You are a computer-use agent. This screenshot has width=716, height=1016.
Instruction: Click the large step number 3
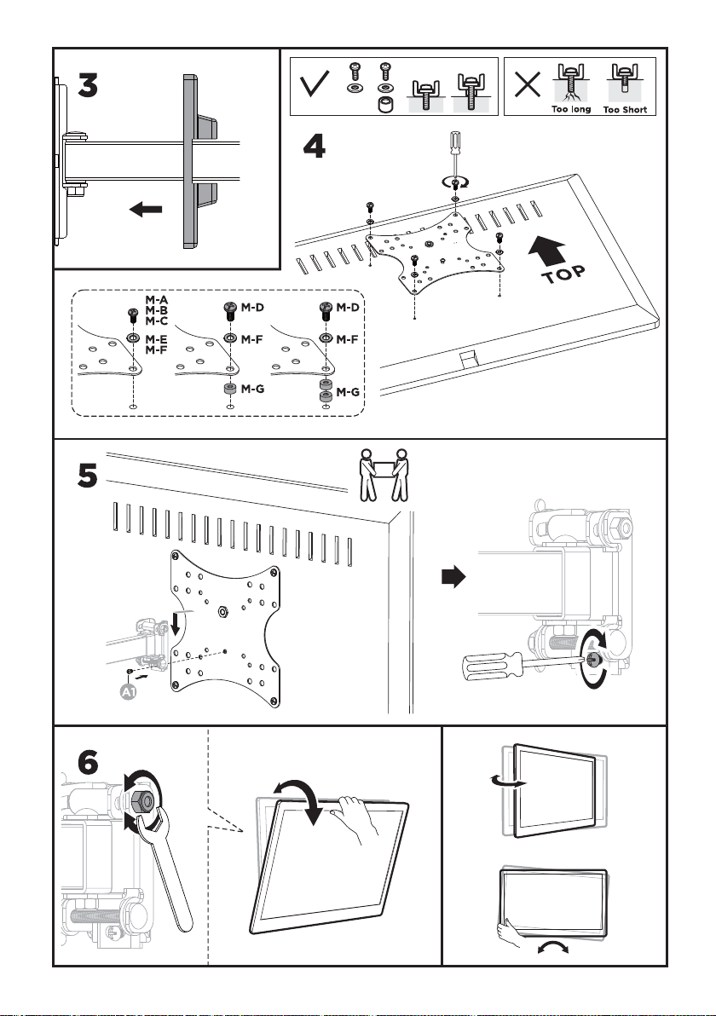coord(99,87)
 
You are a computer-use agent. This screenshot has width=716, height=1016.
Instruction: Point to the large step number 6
coord(89,766)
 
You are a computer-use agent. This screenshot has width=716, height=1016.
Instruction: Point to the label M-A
coord(157,300)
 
